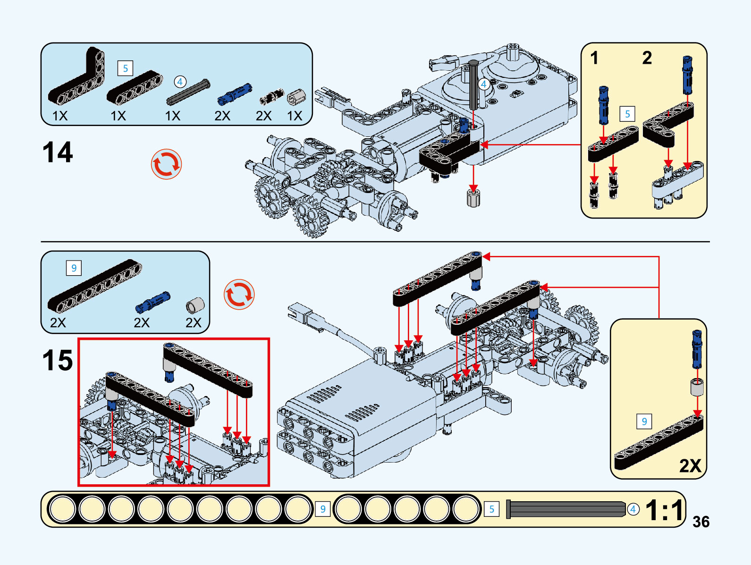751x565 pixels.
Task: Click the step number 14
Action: point(58,152)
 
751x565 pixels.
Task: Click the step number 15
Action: point(58,360)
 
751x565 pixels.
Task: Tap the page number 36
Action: point(701,522)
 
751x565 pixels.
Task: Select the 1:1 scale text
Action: point(665,510)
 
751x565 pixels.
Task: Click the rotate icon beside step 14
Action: point(166,164)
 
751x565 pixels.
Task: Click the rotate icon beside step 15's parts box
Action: point(239,295)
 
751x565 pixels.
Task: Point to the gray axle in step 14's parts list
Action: point(188,92)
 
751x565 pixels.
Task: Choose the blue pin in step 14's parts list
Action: point(235,94)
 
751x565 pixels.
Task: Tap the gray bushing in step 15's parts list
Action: point(195,305)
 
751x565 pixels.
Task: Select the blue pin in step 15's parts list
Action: point(152,303)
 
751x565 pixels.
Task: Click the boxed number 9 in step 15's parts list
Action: point(74,268)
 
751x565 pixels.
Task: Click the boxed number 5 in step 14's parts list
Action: point(125,68)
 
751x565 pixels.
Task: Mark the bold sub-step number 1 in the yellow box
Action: point(594,58)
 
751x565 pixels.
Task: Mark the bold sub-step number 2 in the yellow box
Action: point(647,58)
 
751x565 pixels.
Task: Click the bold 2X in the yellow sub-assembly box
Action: point(690,465)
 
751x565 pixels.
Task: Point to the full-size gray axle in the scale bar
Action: point(566,510)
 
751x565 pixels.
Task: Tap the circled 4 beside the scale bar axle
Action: point(633,510)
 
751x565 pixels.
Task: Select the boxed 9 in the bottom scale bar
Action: point(323,509)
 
